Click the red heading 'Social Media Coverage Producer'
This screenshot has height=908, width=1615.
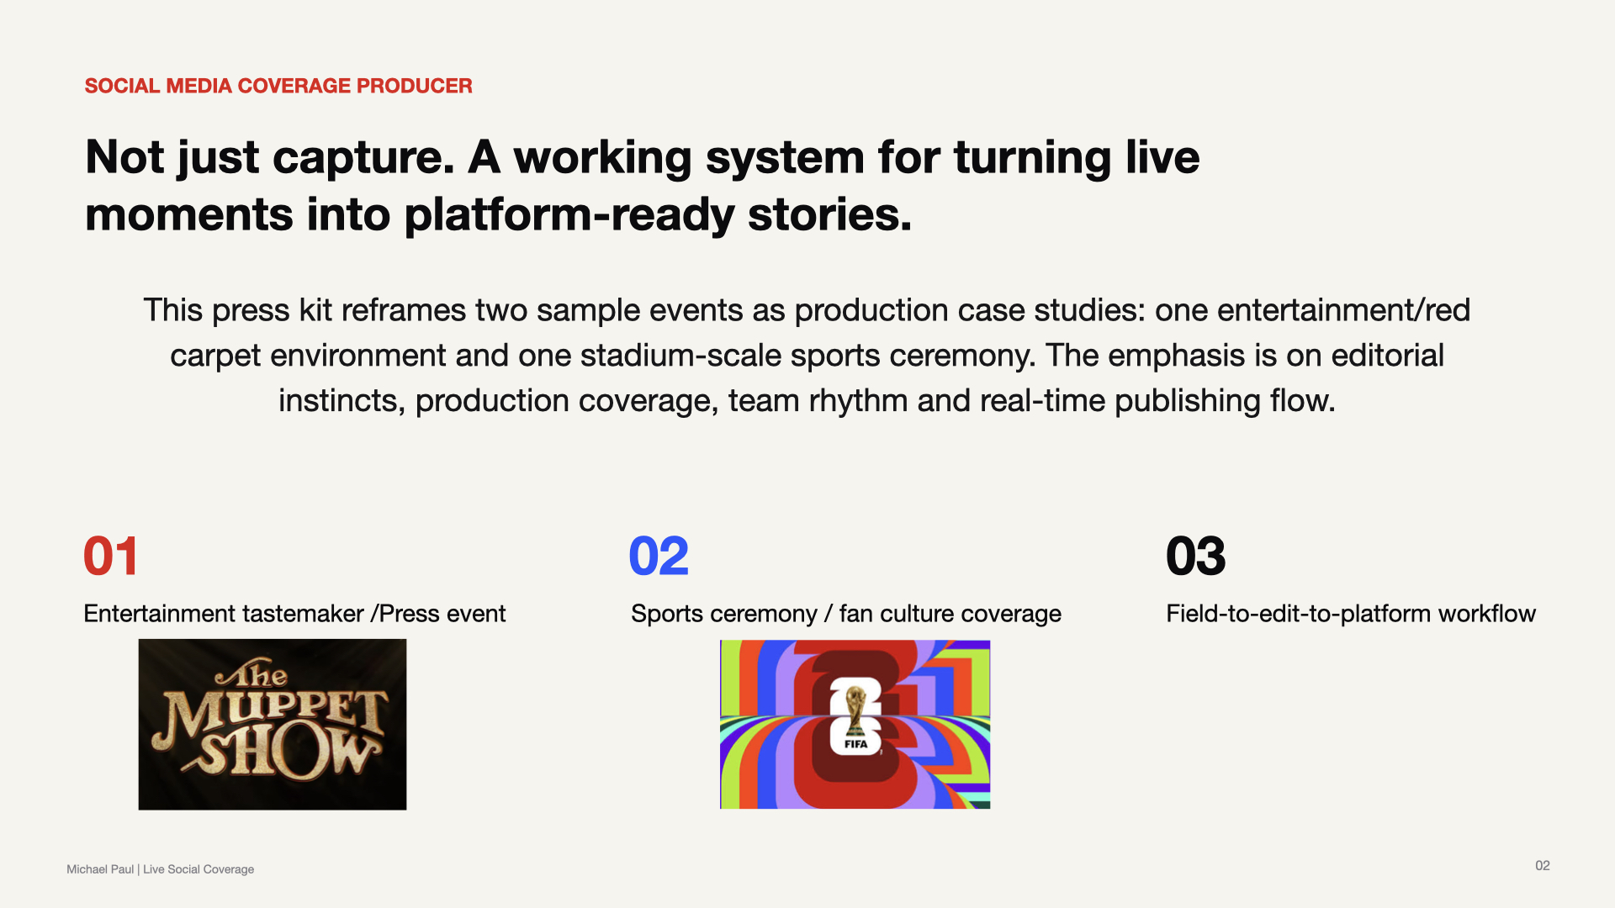point(278,86)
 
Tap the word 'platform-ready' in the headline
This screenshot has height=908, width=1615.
point(569,216)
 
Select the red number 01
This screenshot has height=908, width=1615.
point(111,557)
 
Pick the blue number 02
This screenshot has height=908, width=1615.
point(659,557)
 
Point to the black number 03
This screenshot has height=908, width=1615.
point(1196,557)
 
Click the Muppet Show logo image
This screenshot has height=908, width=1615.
point(273,725)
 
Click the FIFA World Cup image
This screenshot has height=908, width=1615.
point(855,725)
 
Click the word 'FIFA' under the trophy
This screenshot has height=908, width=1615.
point(855,744)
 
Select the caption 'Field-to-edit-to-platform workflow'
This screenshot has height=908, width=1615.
point(1351,615)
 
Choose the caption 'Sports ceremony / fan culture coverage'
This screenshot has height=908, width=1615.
point(846,615)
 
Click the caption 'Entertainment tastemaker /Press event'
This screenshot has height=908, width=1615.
point(294,615)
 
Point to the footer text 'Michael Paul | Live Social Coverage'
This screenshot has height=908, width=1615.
point(161,869)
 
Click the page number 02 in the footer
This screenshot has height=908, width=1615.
point(1543,866)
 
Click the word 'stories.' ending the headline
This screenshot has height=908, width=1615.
point(829,216)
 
